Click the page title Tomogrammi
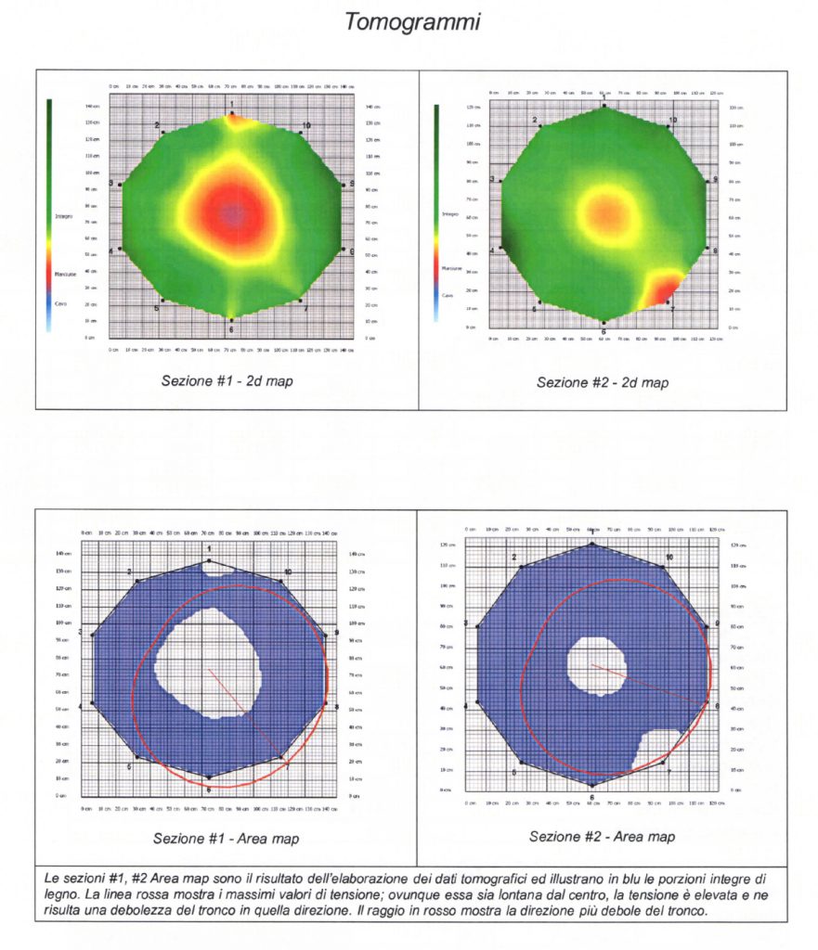[412, 22]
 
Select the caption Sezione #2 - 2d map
[602, 381]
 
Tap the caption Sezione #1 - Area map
[226, 839]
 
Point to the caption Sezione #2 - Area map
[602, 836]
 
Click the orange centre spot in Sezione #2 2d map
[604, 212]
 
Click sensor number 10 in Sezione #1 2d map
[305, 125]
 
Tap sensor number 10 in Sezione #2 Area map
[669, 558]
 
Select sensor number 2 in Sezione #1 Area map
[130, 572]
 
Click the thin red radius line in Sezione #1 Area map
[243, 711]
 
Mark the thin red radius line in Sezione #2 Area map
[650, 685]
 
